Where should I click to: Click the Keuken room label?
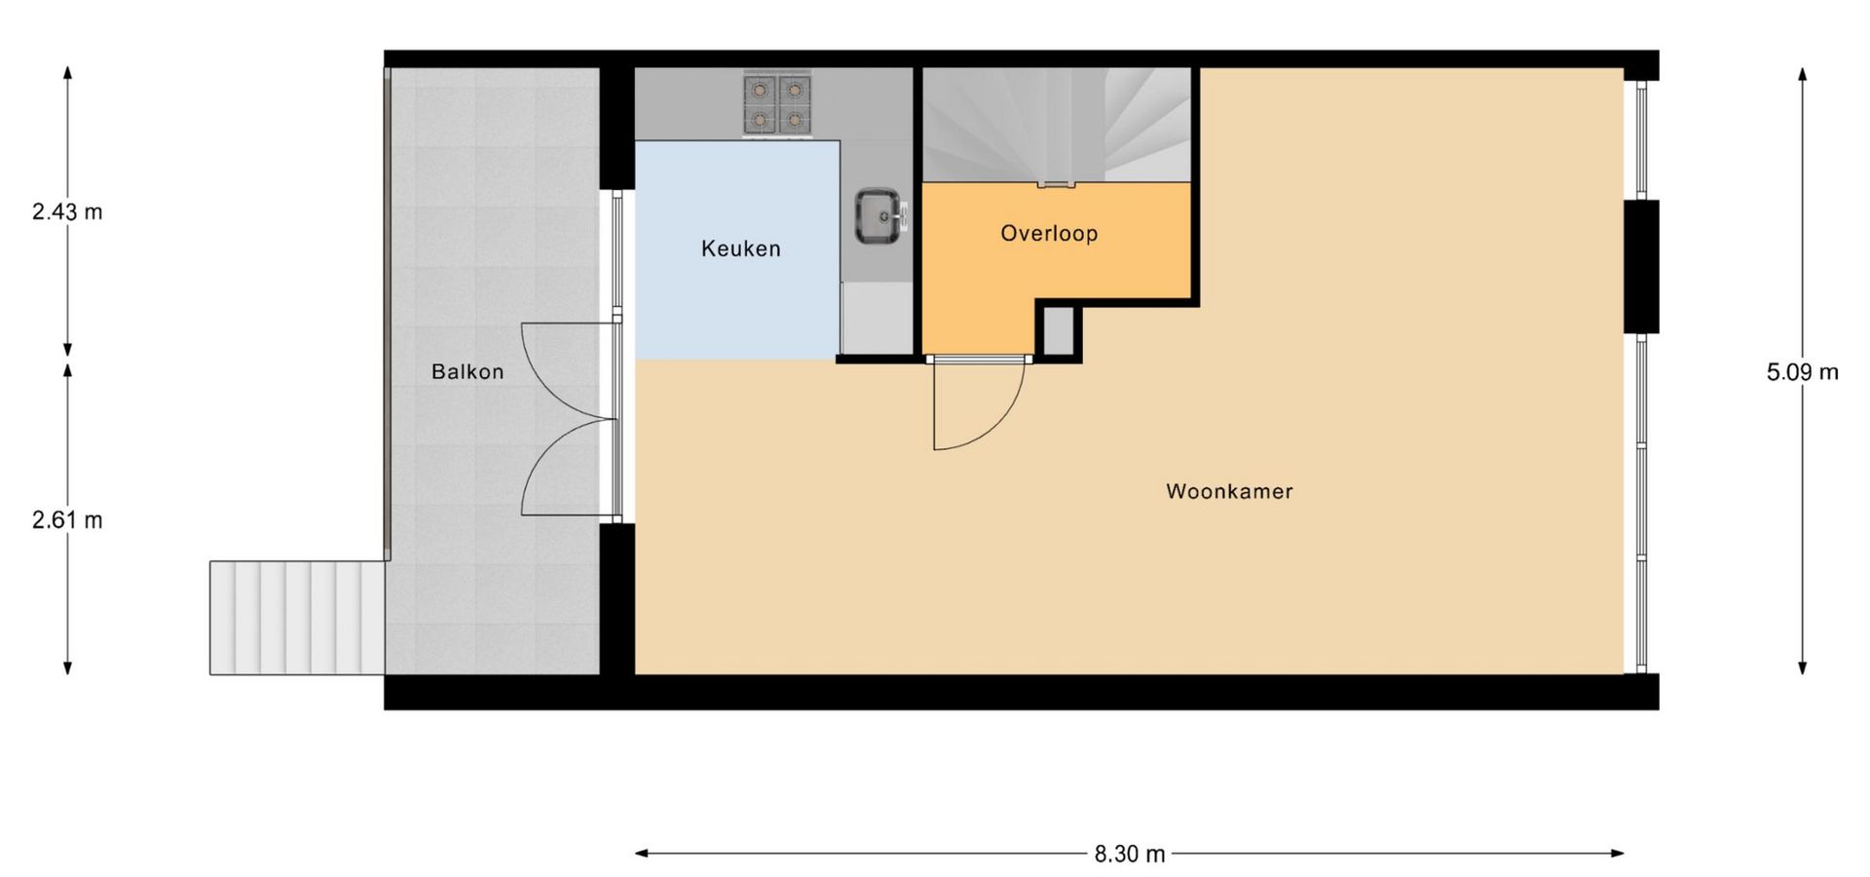point(740,248)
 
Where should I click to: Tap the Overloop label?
point(1049,233)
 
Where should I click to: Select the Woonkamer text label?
point(1229,491)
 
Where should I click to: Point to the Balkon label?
point(467,371)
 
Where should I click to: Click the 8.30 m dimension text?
point(1129,854)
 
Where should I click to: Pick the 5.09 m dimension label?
point(1803,371)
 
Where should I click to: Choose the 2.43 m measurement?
point(67,211)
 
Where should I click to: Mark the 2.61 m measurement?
point(67,520)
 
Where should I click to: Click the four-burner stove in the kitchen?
point(777,103)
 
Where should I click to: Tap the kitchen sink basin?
point(880,215)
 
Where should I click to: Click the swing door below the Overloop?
point(977,403)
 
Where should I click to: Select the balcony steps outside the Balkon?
point(297,617)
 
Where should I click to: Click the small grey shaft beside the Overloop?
point(1058,330)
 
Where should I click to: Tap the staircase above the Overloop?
point(1057,125)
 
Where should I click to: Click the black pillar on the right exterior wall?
point(1640,266)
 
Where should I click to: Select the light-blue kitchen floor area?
point(737,249)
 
